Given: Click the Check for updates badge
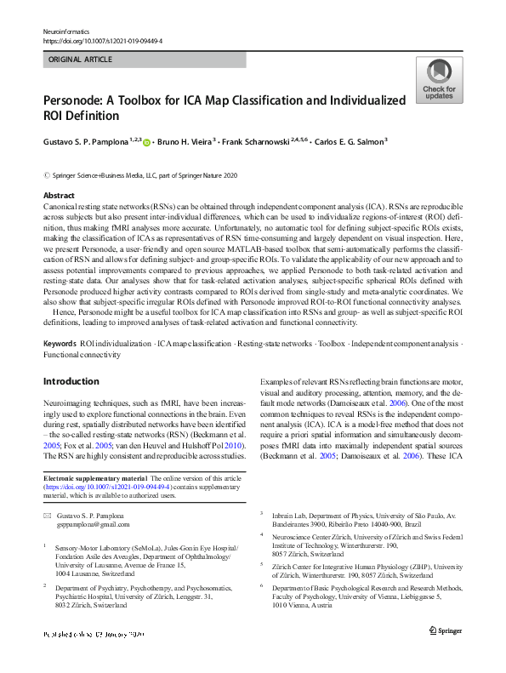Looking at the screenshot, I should pyautogui.click(x=439, y=81).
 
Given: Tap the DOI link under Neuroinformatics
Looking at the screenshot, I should pyautogui.click(x=102, y=40).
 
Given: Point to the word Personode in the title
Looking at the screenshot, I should pyautogui.click(x=75, y=100).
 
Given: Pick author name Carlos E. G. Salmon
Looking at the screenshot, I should pyautogui.click(x=350, y=142).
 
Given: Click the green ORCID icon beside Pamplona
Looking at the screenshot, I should pyautogui.click(x=146, y=143).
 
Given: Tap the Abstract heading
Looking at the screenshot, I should pyautogui.click(x=59, y=196).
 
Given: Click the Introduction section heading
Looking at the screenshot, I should pyautogui.click(x=71, y=381).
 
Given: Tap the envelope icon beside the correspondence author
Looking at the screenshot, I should pyautogui.click(x=48, y=516).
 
